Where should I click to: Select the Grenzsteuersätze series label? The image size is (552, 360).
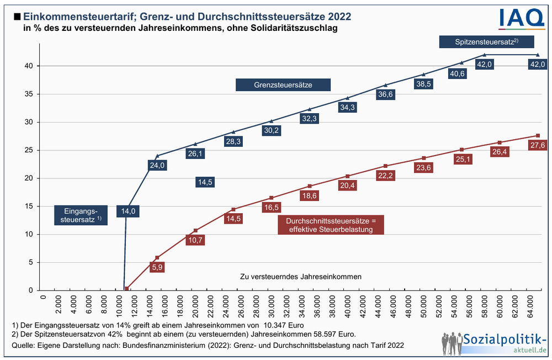click(283, 85)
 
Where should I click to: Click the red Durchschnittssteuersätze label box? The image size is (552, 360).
click(330, 225)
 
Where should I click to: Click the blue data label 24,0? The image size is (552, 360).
click(157, 165)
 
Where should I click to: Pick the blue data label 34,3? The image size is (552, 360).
click(347, 108)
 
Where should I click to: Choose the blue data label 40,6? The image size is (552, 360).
click(457, 73)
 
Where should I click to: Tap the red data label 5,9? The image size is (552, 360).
click(157, 267)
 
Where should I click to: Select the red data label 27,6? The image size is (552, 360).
click(537, 145)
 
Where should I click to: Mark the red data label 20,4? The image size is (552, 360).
click(347, 186)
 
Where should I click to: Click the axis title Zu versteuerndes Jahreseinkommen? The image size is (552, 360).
click(301, 276)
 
